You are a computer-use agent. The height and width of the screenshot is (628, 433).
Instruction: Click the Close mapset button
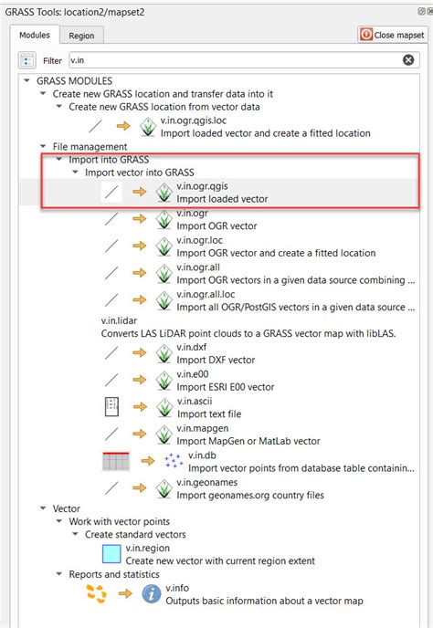coord(394,35)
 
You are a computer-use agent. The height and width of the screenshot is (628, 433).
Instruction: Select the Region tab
coord(81,36)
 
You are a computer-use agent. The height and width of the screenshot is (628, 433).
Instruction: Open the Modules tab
coord(35,35)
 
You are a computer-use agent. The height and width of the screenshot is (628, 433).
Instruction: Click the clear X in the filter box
coord(408,60)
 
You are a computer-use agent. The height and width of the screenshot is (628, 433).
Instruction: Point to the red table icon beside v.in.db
coord(115,461)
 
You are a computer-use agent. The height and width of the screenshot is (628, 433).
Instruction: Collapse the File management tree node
coord(44,146)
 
